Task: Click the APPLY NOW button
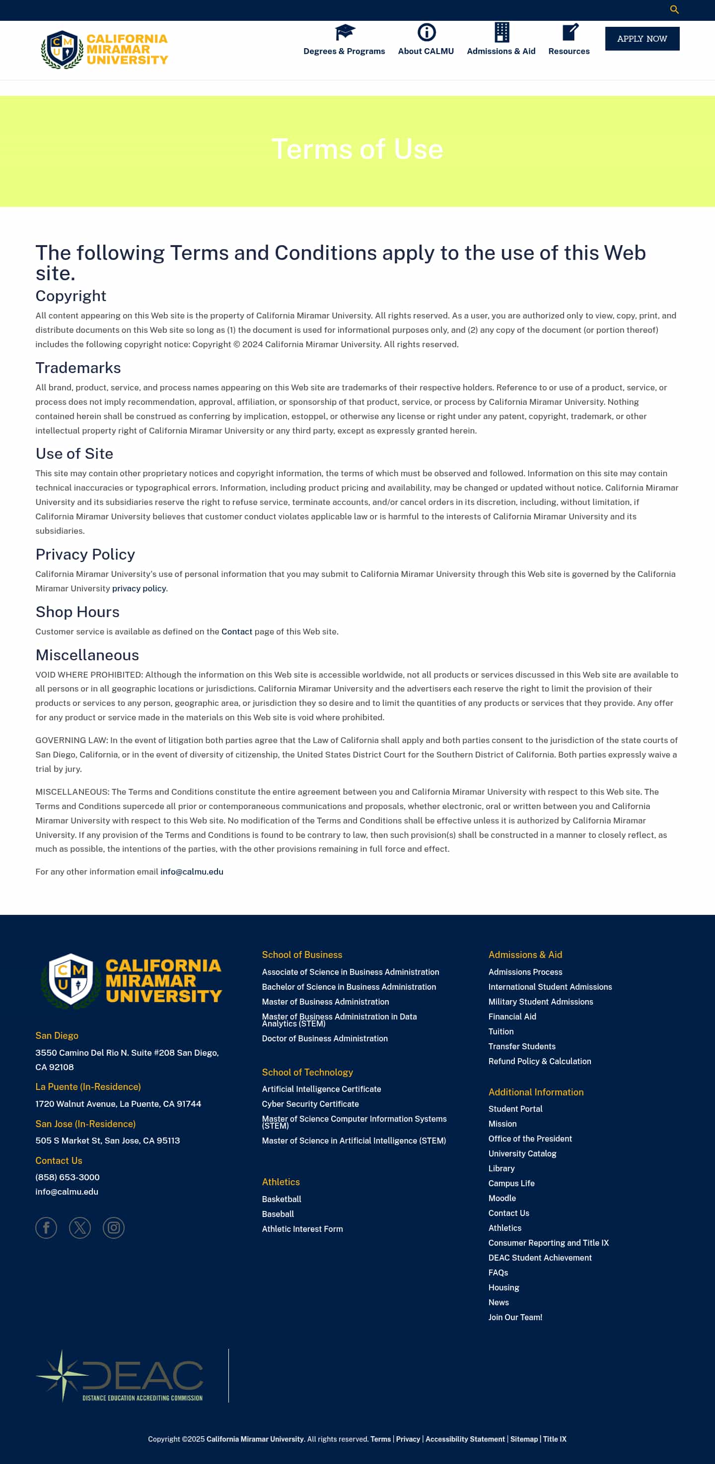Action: pos(642,39)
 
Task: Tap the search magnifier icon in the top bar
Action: pos(674,9)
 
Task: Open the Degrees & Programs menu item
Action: pos(344,51)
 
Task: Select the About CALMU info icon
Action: pos(426,32)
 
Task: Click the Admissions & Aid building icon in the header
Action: pos(501,32)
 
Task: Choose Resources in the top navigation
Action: pos(569,51)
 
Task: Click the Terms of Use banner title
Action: pos(357,149)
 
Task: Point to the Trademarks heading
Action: pos(78,368)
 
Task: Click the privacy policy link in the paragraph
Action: pos(139,588)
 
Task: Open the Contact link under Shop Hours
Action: pos(237,632)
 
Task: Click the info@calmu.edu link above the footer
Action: pos(192,871)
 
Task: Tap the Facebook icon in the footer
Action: pos(46,1227)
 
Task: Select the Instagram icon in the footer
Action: pos(114,1227)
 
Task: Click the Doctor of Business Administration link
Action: pos(325,1038)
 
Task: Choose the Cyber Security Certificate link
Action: pos(310,1104)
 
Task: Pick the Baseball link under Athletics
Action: pos(278,1214)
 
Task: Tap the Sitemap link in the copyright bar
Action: pos(524,1439)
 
